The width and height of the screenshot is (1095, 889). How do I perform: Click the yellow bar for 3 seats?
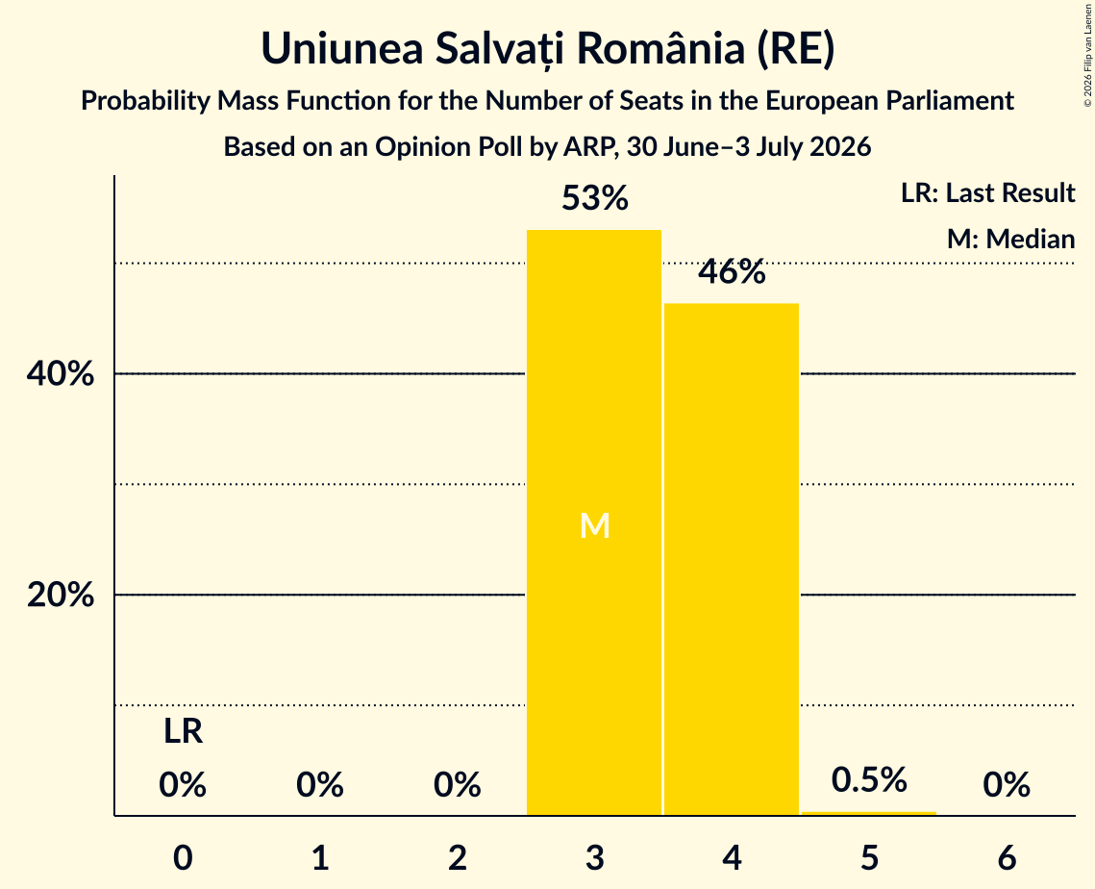click(593, 522)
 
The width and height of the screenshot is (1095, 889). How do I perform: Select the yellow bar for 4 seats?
click(732, 559)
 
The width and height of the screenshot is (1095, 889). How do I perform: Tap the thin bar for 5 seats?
click(869, 813)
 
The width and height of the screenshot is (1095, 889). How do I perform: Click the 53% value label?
click(595, 198)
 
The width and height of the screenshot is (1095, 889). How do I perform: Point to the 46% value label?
click(732, 272)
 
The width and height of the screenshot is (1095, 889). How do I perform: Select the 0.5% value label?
click(869, 779)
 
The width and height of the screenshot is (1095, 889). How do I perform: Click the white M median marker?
click(595, 525)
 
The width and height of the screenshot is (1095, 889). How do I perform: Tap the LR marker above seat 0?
click(183, 732)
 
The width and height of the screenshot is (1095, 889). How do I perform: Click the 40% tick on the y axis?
click(61, 374)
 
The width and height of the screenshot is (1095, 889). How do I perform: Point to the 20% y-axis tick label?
click(61, 595)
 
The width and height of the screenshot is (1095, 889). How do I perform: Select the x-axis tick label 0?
click(183, 857)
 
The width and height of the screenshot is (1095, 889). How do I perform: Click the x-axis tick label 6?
click(1007, 857)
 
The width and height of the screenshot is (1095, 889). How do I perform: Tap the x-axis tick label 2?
click(458, 857)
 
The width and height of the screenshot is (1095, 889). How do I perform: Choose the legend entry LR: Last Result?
click(987, 192)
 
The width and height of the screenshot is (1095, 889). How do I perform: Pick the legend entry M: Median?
click(1010, 239)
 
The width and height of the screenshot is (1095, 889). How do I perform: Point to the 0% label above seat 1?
click(320, 785)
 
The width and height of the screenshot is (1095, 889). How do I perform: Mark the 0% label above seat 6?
click(1007, 785)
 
